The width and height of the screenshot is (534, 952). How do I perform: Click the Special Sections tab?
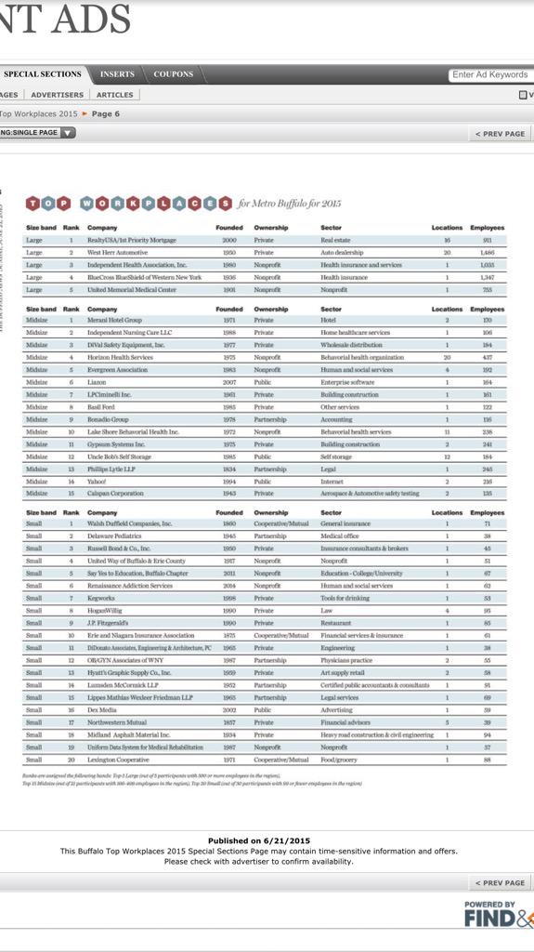pos(43,74)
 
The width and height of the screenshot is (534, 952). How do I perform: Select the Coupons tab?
pos(174,74)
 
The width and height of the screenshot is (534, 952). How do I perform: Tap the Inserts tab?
pos(117,74)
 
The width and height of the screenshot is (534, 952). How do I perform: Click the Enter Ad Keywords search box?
pos(490,74)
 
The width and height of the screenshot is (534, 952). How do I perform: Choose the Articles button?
pos(114,95)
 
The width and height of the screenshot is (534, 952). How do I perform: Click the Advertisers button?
pos(57,95)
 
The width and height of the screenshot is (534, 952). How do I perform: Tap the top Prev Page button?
pos(500,134)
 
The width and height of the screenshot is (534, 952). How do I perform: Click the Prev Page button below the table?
pos(500,882)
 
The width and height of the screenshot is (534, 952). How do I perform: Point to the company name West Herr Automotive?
pos(117,252)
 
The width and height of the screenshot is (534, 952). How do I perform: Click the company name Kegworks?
pos(101,598)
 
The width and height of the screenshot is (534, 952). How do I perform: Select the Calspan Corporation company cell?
pos(115,494)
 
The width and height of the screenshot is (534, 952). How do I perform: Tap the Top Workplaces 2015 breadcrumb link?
pos(38,113)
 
